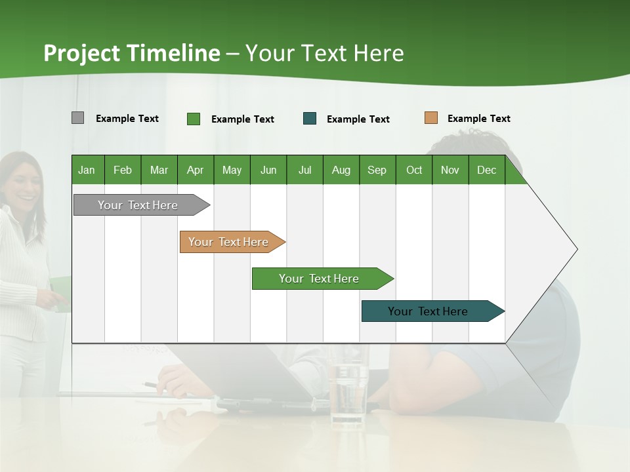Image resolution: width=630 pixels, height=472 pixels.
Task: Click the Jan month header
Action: (x=87, y=170)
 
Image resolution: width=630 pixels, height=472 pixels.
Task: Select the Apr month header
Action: (x=196, y=170)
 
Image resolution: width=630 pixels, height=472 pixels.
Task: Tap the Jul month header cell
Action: (x=304, y=170)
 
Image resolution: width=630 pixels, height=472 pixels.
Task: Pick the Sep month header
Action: (x=377, y=170)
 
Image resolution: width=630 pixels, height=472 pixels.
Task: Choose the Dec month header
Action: (x=486, y=170)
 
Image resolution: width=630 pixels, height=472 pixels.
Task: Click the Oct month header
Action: (x=414, y=170)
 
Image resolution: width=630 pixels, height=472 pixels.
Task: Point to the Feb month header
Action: (x=123, y=170)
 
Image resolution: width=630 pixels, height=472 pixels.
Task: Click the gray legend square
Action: (x=77, y=118)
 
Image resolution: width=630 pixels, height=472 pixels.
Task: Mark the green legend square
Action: (x=193, y=119)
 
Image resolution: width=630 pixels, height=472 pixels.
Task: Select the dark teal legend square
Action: (x=310, y=119)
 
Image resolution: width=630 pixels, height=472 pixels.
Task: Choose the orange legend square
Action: (x=430, y=118)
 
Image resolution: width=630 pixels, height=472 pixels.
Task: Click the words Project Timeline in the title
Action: (x=131, y=53)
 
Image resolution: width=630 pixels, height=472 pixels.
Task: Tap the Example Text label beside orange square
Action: (x=478, y=119)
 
